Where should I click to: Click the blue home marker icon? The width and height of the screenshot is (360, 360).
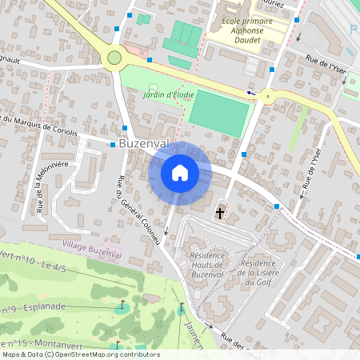point(180,172)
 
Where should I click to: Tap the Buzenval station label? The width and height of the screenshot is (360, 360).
point(145,145)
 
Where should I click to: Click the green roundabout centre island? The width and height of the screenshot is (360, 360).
point(114,58)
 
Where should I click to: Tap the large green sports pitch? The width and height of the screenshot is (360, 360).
point(219,113)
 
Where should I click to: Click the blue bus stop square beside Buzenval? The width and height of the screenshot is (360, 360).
point(111,145)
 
